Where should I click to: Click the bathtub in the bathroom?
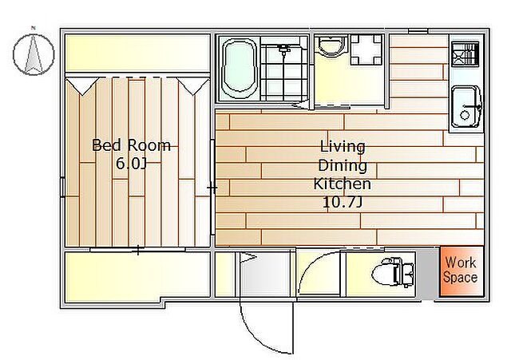(240, 68)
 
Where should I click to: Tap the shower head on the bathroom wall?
(284, 49)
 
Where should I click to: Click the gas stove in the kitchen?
(465, 53)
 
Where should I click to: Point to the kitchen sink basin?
(465, 106)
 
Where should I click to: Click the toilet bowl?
(393, 272)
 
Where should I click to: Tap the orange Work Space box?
(461, 271)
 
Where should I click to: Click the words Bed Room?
(131, 145)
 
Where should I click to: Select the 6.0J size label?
(131, 163)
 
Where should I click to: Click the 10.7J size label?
(343, 202)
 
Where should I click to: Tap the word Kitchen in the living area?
(343, 184)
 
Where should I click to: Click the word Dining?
(343, 165)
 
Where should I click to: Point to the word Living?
(343, 147)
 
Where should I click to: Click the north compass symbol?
(34, 54)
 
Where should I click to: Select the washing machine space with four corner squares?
(366, 49)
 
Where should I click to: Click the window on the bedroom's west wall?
(62, 187)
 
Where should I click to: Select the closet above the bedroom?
(137, 53)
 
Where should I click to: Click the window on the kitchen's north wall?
(418, 31)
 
